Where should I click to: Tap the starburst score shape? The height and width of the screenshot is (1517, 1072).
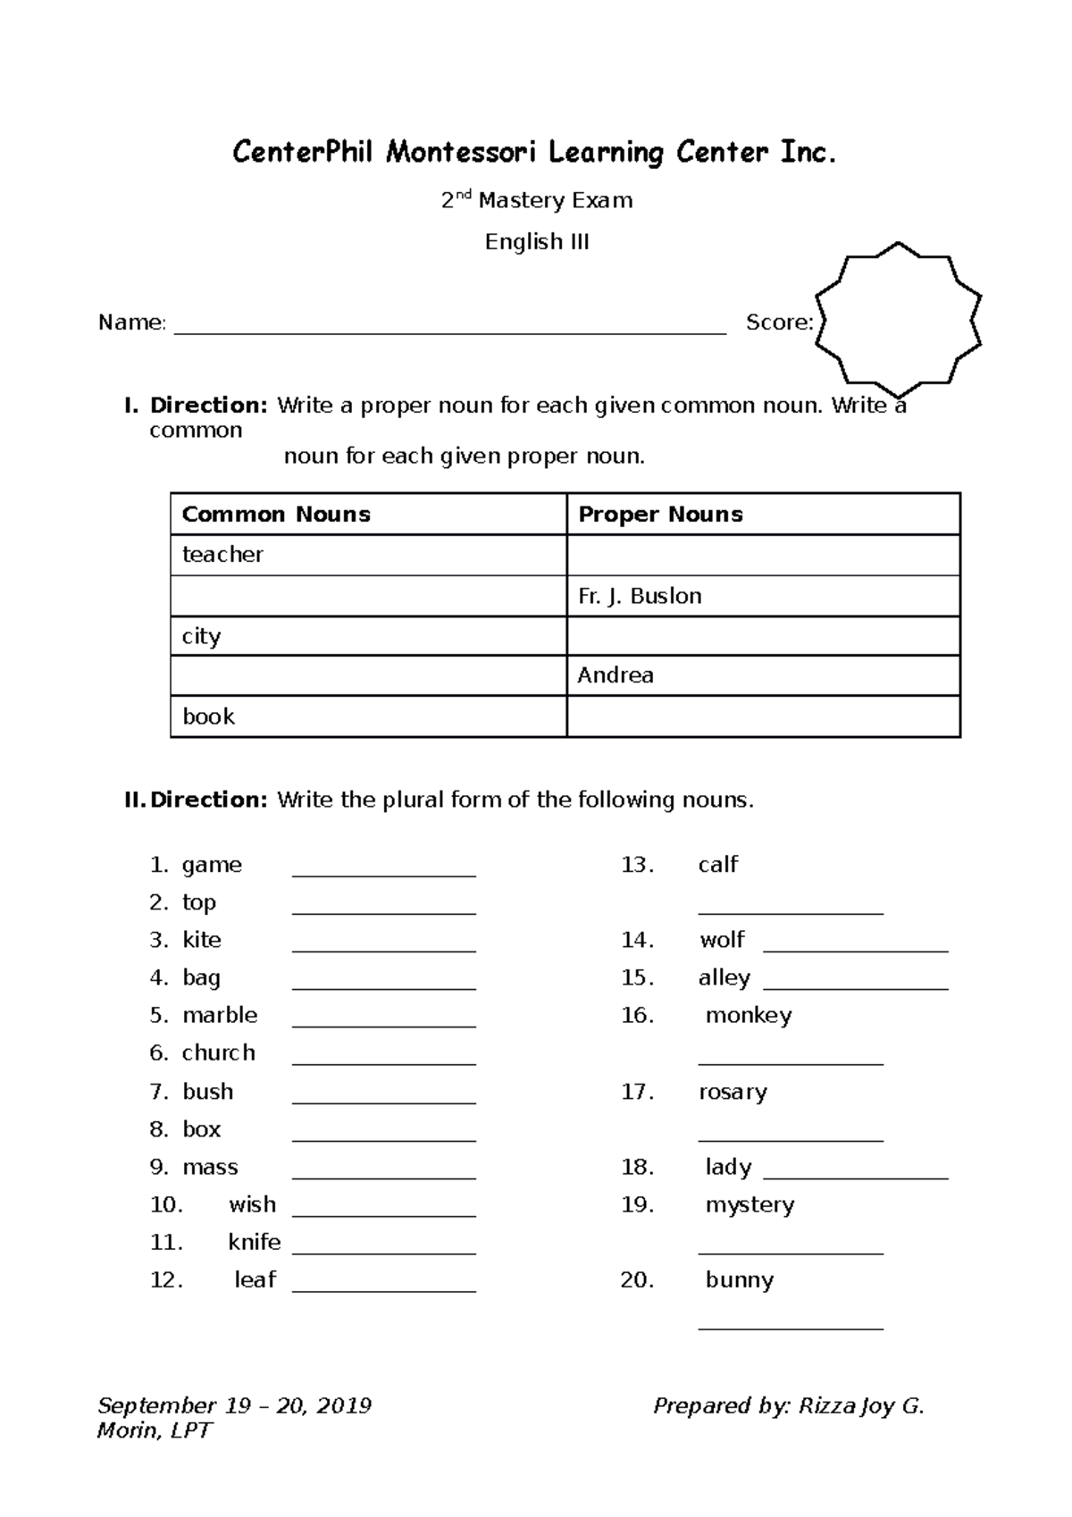pos(898,320)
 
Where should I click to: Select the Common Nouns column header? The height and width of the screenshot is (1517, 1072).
pos(276,515)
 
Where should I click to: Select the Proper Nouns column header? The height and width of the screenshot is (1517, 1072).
pos(660,515)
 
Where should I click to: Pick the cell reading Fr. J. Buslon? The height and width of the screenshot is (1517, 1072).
pos(640,596)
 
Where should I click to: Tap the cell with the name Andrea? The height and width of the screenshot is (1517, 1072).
pos(616,675)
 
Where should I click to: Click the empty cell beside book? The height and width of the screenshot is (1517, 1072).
pos(763,717)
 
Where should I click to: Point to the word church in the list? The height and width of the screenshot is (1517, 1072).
pos(219,1053)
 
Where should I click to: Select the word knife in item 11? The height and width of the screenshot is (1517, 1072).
pos(255,1243)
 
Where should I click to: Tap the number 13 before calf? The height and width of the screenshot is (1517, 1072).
pos(638,865)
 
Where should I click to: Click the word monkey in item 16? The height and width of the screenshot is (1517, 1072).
pos(749,1016)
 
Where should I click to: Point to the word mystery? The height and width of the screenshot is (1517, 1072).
pos(750,1205)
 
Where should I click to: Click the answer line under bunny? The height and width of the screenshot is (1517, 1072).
pos(791,1325)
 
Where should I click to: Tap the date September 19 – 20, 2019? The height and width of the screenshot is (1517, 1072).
pos(234,1406)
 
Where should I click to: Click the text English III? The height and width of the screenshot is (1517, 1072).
pos(537,242)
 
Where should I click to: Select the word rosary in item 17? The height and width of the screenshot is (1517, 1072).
pos(733,1093)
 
